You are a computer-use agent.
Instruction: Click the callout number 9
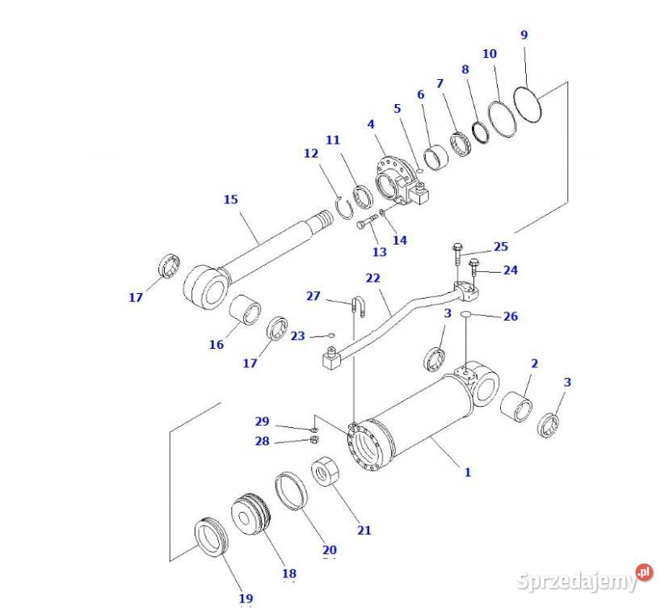point(524,35)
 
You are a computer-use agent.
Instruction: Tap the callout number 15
point(231,199)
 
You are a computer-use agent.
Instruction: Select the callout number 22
point(372,279)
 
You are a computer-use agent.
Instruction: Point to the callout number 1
point(467,472)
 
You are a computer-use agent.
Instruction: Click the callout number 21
point(364,530)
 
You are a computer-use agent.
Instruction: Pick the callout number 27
point(313,296)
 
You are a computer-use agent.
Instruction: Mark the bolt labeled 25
point(457,255)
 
